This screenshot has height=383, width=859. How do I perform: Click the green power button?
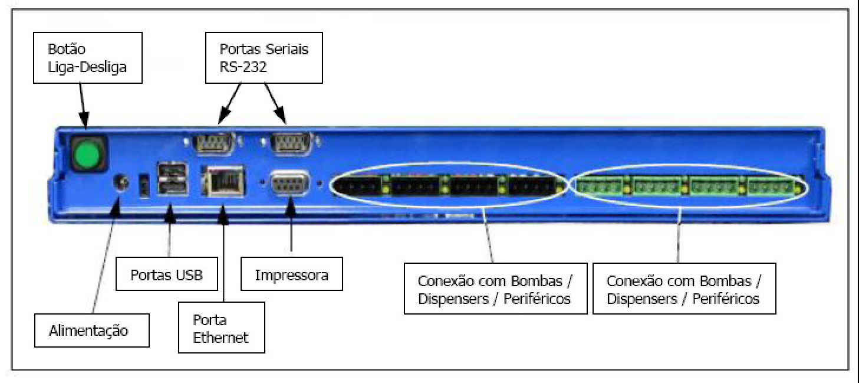pyautogui.click(x=87, y=154)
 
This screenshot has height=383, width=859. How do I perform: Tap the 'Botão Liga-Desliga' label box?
pyautogui.click(x=88, y=58)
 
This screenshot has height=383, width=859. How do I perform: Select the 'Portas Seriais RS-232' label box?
pyautogui.click(x=264, y=58)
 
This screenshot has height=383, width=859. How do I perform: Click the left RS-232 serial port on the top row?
pyautogui.click(x=213, y=143)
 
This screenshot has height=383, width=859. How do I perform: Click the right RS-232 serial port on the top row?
pyautogui.click(x=290, y=143)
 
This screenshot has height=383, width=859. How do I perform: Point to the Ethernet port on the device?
pyautogui.click(x=223, y=181)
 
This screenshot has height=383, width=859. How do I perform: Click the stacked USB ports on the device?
pyautogui.click(x=172, y=178)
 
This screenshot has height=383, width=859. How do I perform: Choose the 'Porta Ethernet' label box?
pyautogui.click(x=221, y=328)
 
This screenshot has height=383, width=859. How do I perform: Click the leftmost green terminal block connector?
pyautogui.click(x=600, y=187)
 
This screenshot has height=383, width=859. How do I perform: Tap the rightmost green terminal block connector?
pyautogui.click(x=770, y=187)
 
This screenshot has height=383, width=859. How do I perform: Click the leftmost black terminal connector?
pyautogui.click(x=359, y=187)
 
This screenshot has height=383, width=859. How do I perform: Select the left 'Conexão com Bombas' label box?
pyautogui.click(x=495, y=289)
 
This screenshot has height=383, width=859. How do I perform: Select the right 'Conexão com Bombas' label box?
pyautogui.click(x=684, y=289)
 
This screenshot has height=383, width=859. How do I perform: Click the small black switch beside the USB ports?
pyautogui.click(x=144, y=186)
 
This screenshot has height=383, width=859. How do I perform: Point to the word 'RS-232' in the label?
pyautogui.click(x=243, y=67)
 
